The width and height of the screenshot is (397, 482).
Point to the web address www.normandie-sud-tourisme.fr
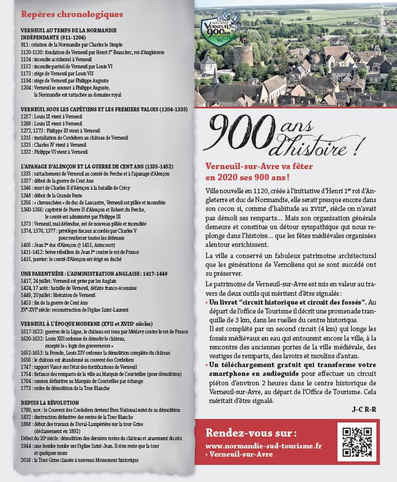pos(264,447)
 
